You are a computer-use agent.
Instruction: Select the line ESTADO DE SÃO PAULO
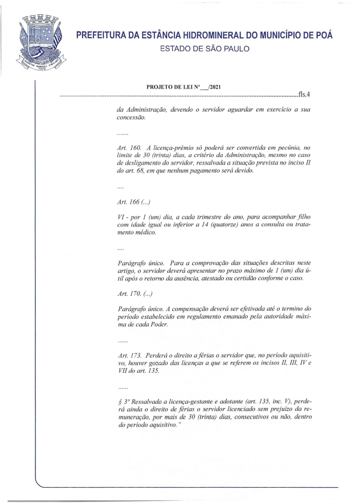click(205, 49)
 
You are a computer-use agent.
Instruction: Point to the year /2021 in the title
click(213, 87)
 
